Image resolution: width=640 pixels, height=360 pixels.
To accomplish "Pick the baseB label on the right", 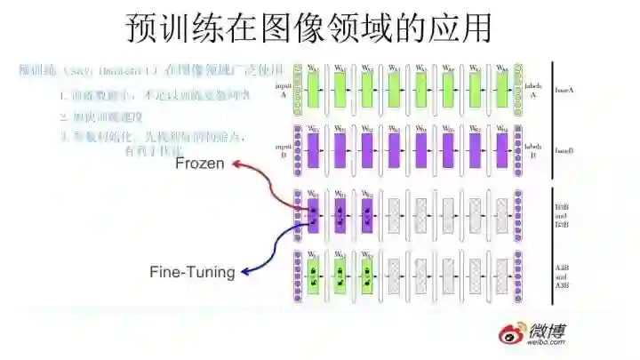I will [x=564, y=148].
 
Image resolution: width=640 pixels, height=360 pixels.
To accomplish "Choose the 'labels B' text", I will [x=534, y=147].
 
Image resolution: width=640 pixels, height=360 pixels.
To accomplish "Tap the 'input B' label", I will [x=284, y=148].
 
